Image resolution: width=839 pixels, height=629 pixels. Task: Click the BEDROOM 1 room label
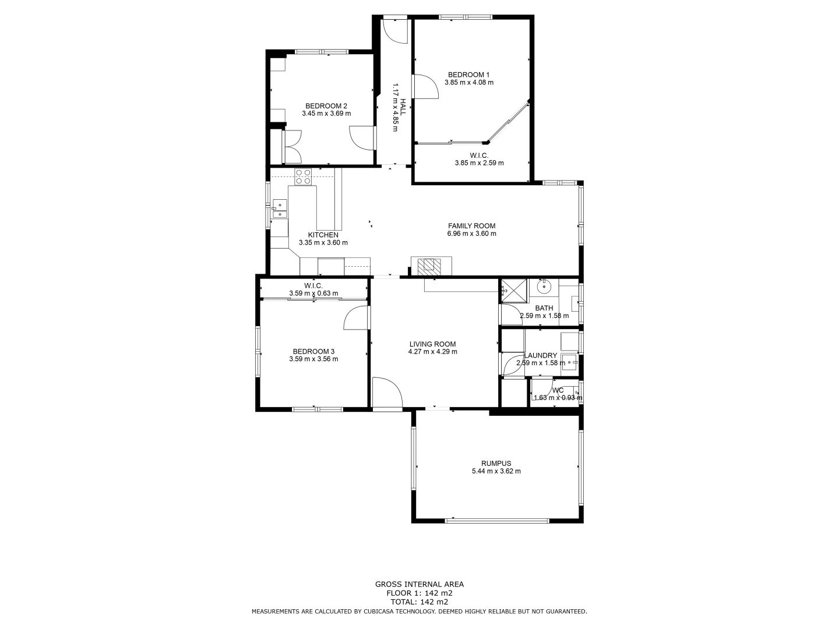click(x=468, y=75)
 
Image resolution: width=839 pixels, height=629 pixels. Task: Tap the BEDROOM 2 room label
click(x=326, y=106)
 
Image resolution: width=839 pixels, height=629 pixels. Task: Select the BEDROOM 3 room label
click(x=313, y=351)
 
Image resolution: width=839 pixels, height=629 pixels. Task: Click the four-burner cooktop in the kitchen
click(x=302, y=176)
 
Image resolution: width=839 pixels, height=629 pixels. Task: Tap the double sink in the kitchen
click(x=280, y=209)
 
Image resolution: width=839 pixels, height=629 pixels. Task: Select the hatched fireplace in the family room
click(x=431, y=266)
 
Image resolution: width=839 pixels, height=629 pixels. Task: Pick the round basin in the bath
click(x=544, y=286)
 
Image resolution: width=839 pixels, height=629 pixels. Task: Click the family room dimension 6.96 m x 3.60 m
click(x=471, y=234)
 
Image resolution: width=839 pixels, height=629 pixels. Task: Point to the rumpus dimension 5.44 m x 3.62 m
click(x=496, y=471)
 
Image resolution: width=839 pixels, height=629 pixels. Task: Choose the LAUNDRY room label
click(x=541, y=355)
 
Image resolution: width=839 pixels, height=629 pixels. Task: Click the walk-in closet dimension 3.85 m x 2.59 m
click(x=479, y=163)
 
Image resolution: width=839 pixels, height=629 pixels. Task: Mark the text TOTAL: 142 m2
click(x=419, y=602)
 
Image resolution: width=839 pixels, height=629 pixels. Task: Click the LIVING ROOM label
click(x=432, y=344)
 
